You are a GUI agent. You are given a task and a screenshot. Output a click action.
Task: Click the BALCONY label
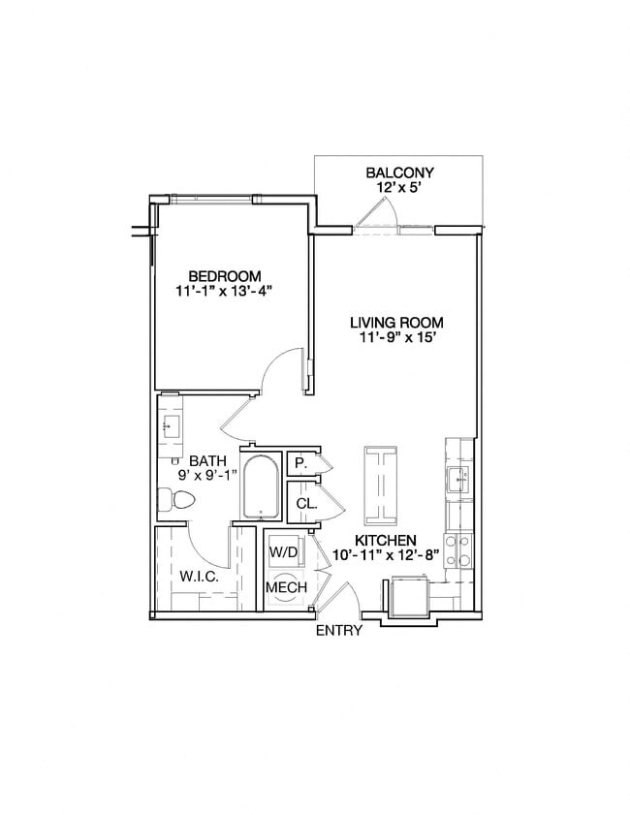[x=399, y=173]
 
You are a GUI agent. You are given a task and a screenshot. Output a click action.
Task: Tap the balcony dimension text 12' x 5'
[x=399, y=189]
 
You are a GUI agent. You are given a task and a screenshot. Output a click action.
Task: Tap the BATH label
[x=207, y=460]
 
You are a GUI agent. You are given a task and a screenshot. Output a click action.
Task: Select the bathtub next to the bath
[x=260, y=486]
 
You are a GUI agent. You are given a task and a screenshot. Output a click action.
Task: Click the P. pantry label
[x=301, y=464]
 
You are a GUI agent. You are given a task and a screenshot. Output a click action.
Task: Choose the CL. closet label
[x=305, y=504]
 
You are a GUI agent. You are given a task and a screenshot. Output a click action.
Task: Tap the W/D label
[x=285, y=551]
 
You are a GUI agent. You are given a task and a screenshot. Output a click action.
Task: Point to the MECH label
[x=286, y=587]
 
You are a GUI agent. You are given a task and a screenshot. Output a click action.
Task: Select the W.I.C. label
[x=198, y=577]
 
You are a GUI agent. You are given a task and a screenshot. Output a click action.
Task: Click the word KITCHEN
[x=385, y=540]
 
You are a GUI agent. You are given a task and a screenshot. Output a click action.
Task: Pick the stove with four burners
[x=457, y=549]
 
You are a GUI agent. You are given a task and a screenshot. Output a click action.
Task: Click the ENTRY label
[x=339, y=631]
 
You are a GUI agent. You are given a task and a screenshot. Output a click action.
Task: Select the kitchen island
[x=381, y=483]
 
